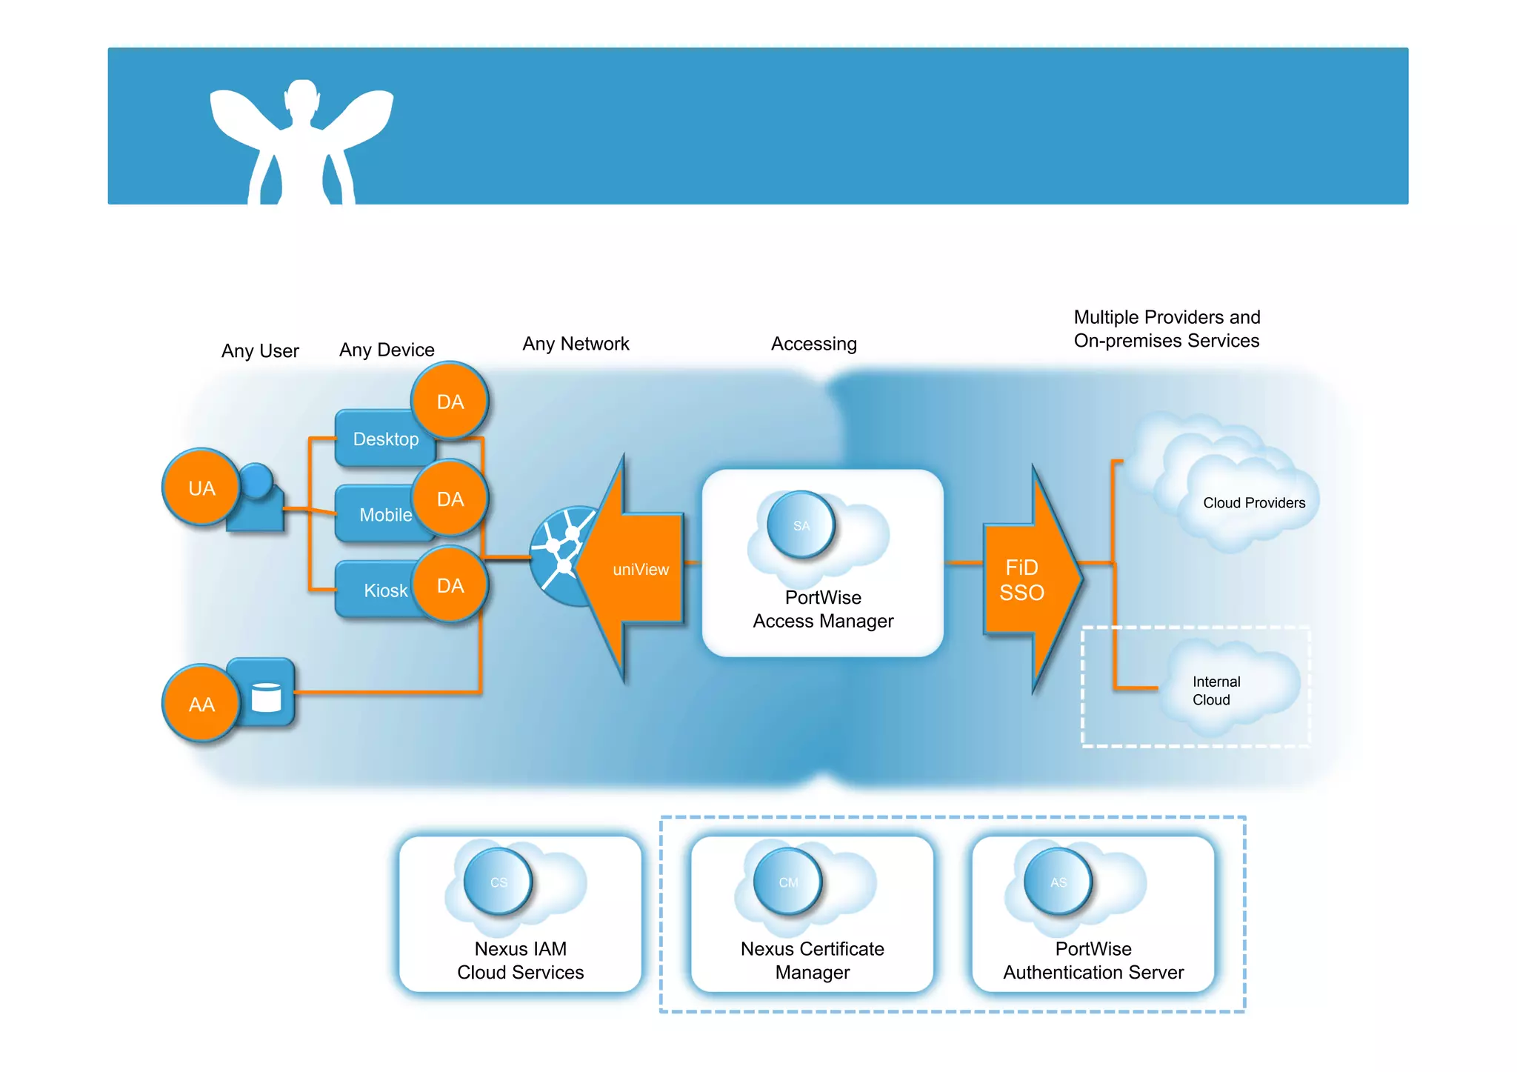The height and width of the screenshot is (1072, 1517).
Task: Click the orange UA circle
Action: click(x=201, y=487)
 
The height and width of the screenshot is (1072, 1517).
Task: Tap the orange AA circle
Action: click(x=201, y=703)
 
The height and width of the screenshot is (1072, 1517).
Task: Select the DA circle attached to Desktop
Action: click(x=450, y=401)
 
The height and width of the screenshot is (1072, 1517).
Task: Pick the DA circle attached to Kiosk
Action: click(x=450, y=585)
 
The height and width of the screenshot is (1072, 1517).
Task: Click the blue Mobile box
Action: click(x=378, y=514)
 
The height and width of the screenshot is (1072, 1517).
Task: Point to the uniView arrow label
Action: click(x=640, y=569)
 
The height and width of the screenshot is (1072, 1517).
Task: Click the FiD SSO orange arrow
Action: click(x=1026, y=579)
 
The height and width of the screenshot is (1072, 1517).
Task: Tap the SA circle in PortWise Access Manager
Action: click(x=801, y=525)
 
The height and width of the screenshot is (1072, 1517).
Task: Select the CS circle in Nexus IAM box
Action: click(x=499, y=882)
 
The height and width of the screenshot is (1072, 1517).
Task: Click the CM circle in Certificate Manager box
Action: click(x=788, y=882)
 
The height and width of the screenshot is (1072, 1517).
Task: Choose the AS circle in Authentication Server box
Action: click(x=1058, y=882)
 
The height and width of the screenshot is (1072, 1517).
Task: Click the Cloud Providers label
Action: click(x=1253, y=502)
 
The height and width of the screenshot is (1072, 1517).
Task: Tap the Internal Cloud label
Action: click(x=1216, y=690)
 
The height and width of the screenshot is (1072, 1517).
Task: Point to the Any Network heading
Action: click(x=576, y=344)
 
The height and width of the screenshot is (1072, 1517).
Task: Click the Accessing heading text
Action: click(x=813, y=344)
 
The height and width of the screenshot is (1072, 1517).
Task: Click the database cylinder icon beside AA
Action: click(x=266, y=697)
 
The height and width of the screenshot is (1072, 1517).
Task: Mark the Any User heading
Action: click(x=260, y=350)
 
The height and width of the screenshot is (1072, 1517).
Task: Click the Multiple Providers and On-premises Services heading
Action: click(x=1167, y=329)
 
